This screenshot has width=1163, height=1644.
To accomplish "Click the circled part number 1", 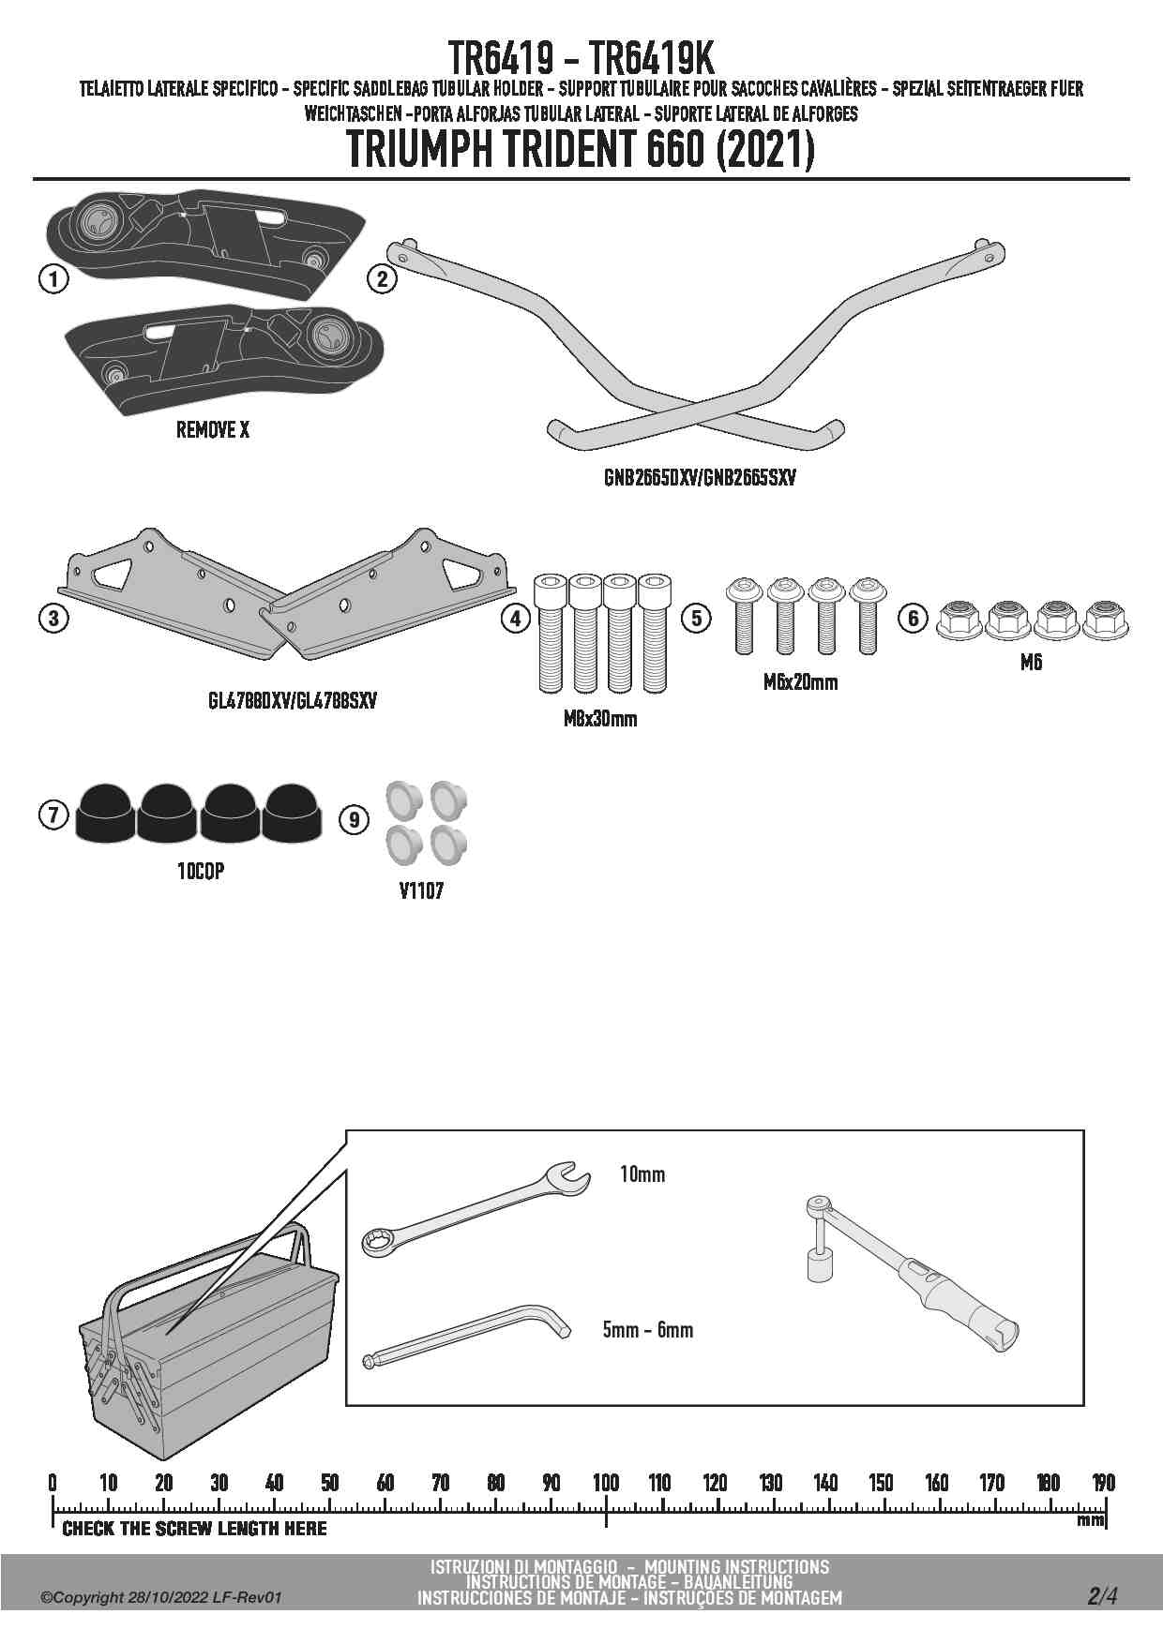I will [53, 278].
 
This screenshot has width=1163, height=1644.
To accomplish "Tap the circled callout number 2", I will [382, 278].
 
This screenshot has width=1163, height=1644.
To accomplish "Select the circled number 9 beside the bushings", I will [354, 820].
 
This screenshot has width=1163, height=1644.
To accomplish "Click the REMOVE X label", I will [213, 430].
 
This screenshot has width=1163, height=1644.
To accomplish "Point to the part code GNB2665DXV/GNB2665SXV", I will [700, 478].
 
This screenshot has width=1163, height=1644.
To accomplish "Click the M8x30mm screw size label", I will [600, 719].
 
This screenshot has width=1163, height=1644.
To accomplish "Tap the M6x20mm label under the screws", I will [800, 682].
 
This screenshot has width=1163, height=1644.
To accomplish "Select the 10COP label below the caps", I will [201, 871].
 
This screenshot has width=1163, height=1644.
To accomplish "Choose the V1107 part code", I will [421, 890].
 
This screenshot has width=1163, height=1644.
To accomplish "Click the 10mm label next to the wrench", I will [642, 1174].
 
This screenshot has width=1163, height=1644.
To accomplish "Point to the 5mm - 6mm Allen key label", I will [648, 1330].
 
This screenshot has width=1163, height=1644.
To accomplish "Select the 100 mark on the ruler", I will [606, 1483].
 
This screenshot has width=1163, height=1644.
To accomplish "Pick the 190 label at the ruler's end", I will [1104, 1483].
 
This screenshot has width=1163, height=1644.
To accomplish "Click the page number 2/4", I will [1102, 1596].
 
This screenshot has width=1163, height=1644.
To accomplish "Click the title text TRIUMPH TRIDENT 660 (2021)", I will [581, 150].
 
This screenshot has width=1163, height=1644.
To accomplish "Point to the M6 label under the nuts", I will [1031, 663].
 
